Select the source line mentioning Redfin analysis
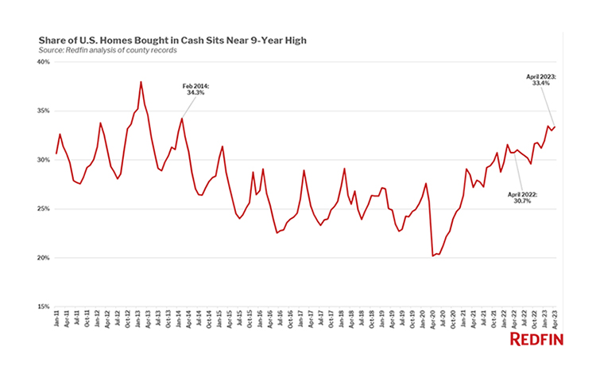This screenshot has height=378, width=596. (x=107, y=50)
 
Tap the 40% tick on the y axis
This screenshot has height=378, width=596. (x=44, y=61)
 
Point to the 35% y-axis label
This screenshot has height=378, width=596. (x=44, y=111)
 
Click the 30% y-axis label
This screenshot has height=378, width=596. (x=44, y=160)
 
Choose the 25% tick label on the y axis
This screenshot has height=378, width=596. (x=44, y=209)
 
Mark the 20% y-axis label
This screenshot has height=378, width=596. (x=44, y=258)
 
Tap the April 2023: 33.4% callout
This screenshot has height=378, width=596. (x=541, y=80)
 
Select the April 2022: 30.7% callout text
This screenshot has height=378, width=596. (x=521, y=197)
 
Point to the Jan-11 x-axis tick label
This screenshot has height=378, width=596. (x=56, y=323)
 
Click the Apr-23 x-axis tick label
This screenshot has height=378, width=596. (x=554, y=323)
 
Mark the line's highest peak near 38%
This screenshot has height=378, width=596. (x=141, y=81)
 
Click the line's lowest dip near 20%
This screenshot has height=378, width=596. (x=432, y=255)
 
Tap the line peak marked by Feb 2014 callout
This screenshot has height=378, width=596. (x=182, y=119)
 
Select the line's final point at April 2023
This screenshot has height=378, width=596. (x=554, y=127)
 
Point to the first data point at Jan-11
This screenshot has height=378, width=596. (x=56, y=154)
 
